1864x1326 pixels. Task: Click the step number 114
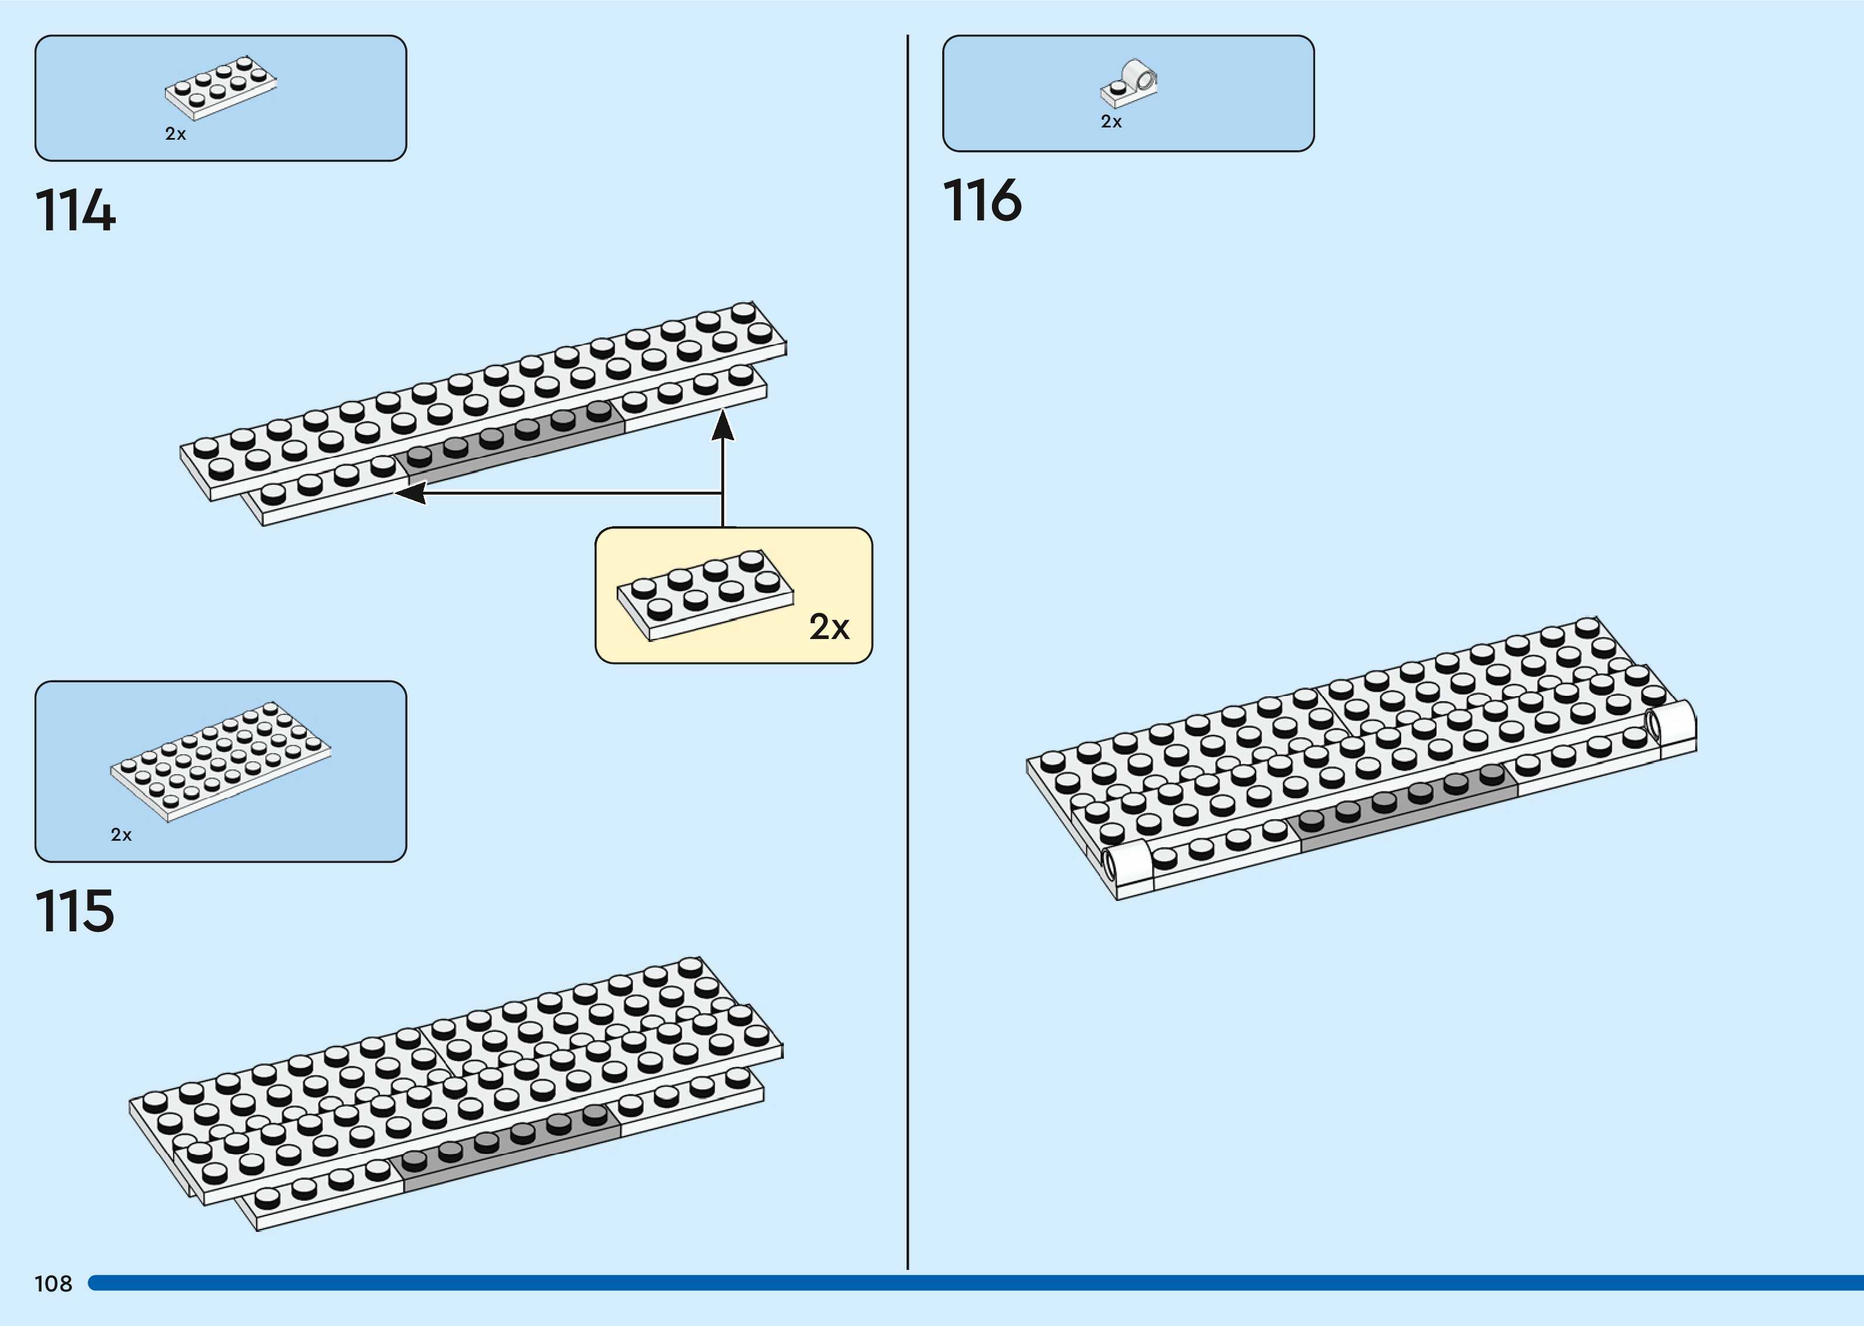pos(75,210)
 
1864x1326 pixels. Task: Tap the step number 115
pos(74,911)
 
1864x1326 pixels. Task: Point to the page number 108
pos(53,1283)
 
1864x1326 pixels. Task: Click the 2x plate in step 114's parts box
pos(220,87)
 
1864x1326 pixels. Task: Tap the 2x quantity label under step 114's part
pos(175,134)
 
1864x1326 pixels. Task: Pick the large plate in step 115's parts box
pos(220,761)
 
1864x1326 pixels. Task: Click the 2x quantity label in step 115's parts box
pos(121,834)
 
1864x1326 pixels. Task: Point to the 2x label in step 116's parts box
pos(1111,122)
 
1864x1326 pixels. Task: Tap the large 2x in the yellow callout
pos(829,627)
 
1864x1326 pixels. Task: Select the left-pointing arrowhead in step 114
pos(410,492)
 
